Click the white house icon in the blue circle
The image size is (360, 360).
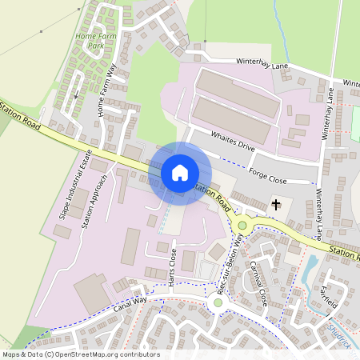pos(180,173)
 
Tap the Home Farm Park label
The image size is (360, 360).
pos(90,41)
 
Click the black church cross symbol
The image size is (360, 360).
pos(276,205)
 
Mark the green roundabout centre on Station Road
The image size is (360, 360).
pos(242,226)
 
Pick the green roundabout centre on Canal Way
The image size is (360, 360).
pos(218,302)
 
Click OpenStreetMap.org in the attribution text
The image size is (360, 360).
pos(89,354)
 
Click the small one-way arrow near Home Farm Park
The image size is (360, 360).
pos(77,95)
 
